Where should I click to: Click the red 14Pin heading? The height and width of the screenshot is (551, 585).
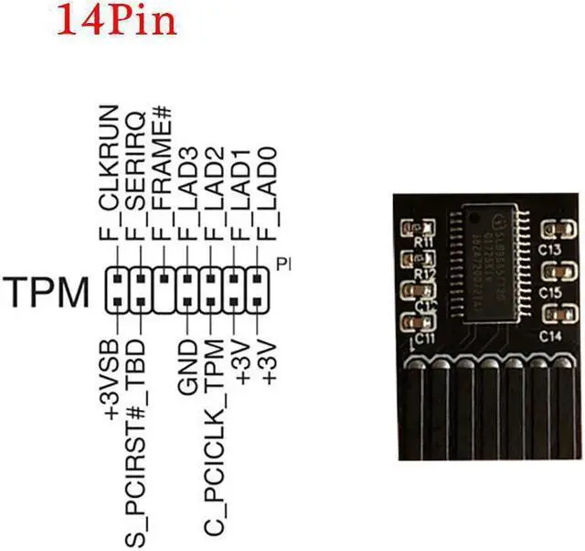116,20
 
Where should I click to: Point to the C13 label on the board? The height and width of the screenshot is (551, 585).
549,248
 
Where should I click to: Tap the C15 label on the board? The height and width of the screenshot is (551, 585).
549,291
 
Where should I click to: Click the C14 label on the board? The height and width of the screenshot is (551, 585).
549,335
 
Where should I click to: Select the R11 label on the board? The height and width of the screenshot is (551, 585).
422,243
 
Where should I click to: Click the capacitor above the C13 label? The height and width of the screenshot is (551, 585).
552,230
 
